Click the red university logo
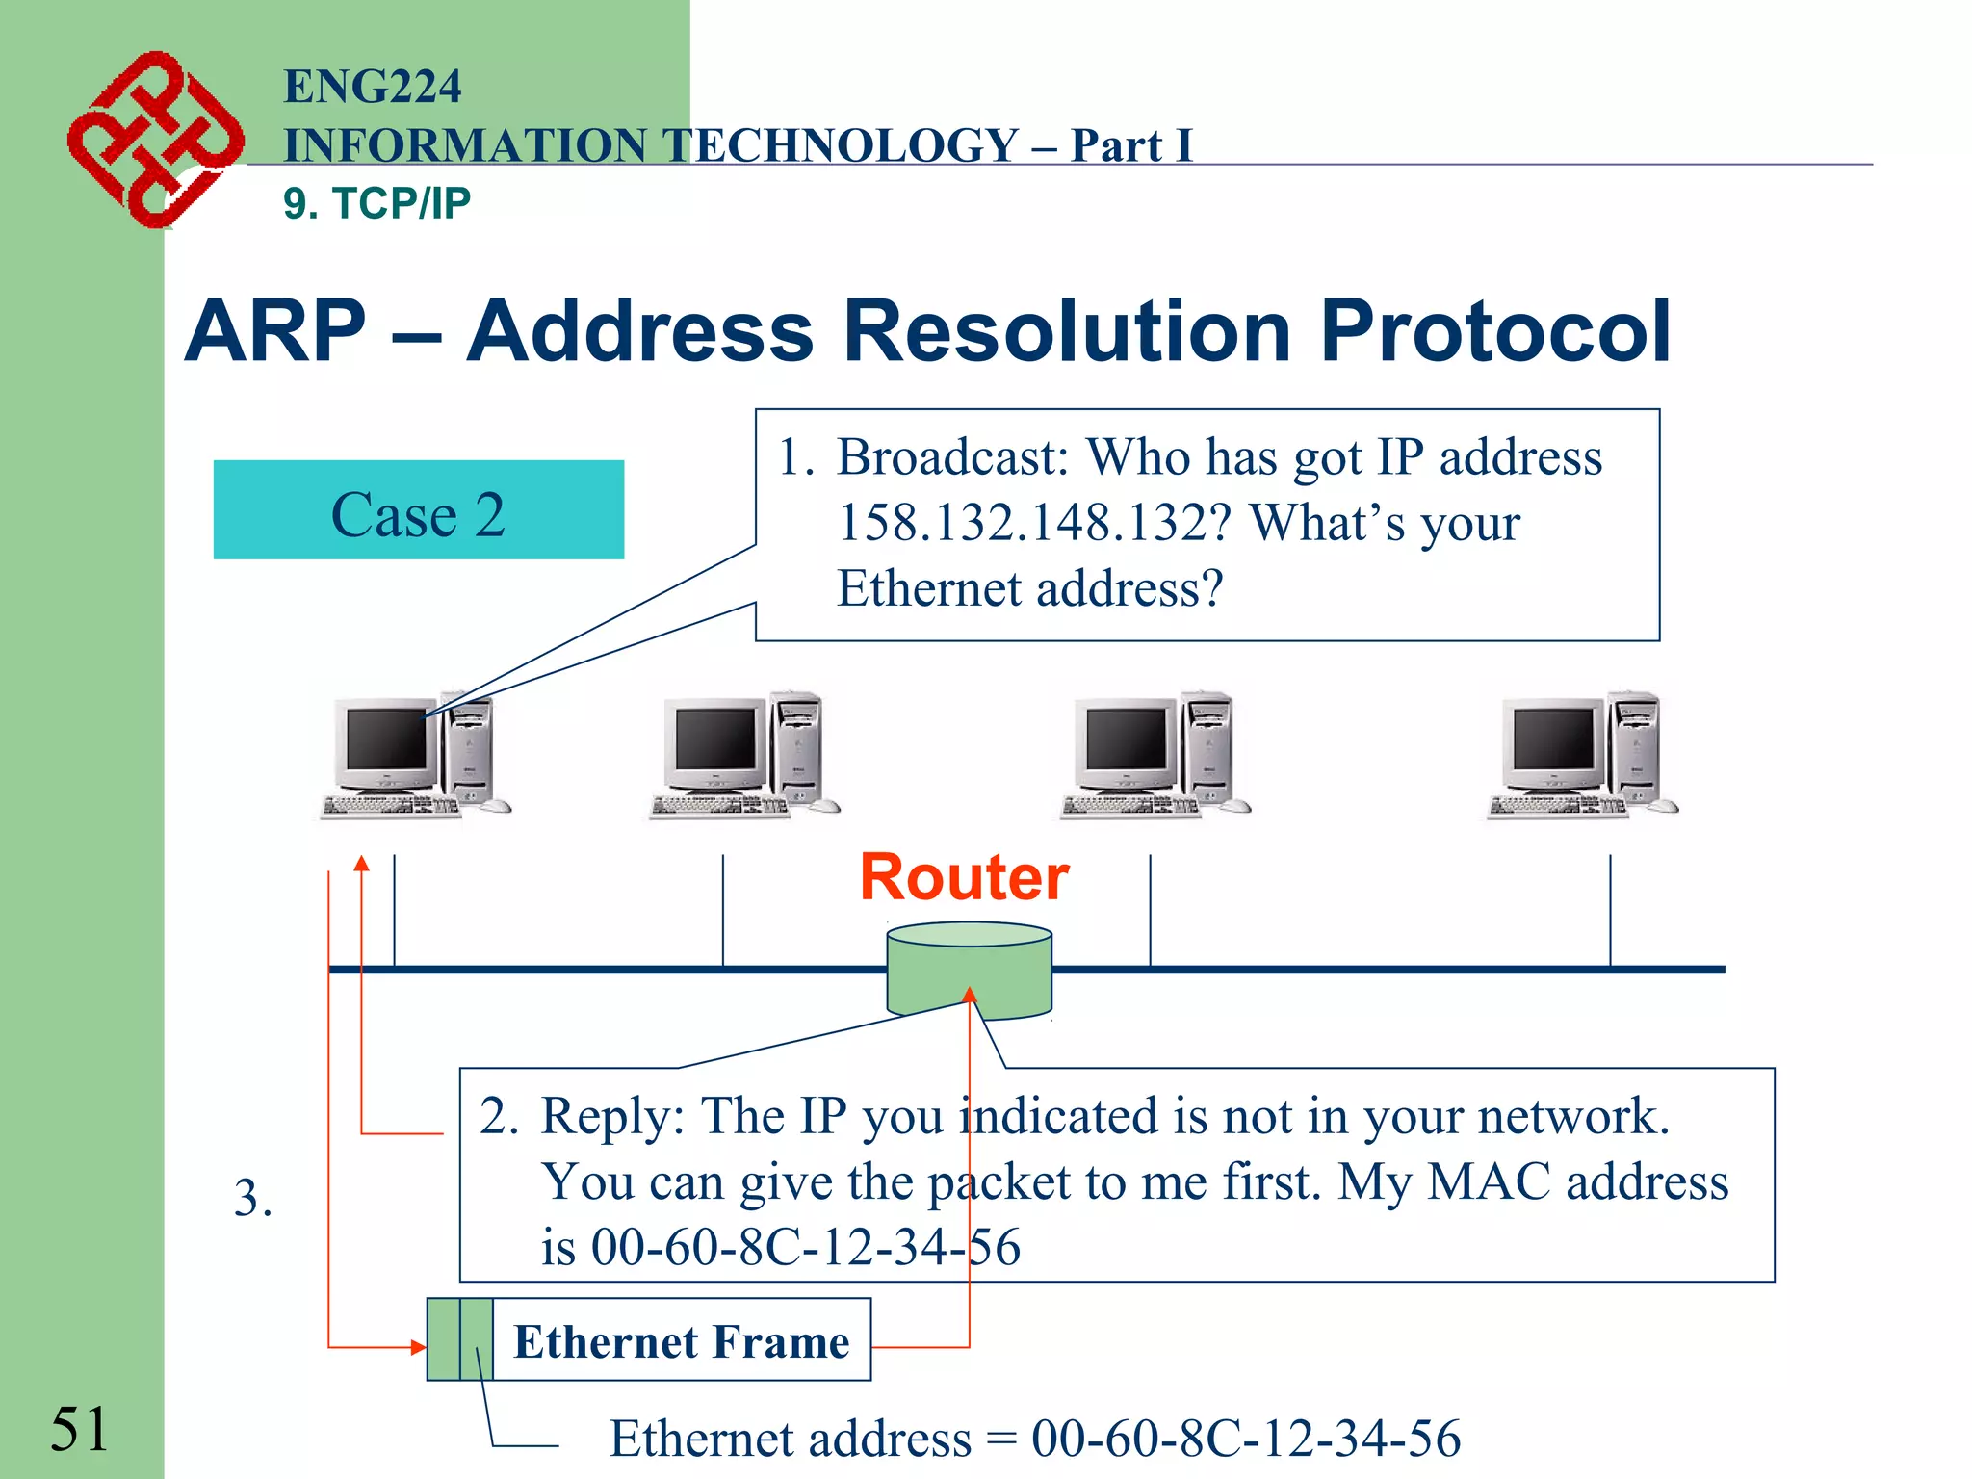154,140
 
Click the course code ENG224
372,87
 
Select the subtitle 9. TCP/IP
376,203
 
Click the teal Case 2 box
418,510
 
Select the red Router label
964,877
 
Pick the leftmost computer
414,756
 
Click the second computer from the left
743,756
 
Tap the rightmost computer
1581,756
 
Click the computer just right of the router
1154,756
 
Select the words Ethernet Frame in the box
681,1341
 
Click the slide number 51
79,1428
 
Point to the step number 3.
252,1199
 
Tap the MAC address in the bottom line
1245,1439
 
